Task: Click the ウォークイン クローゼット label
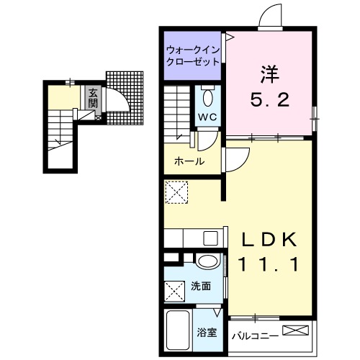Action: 192,56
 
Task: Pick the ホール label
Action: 189,162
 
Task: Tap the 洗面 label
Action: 202,287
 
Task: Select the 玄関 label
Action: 93,97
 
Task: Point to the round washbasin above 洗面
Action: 208,264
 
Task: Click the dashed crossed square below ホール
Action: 176,192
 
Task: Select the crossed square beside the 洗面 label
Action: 176,292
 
